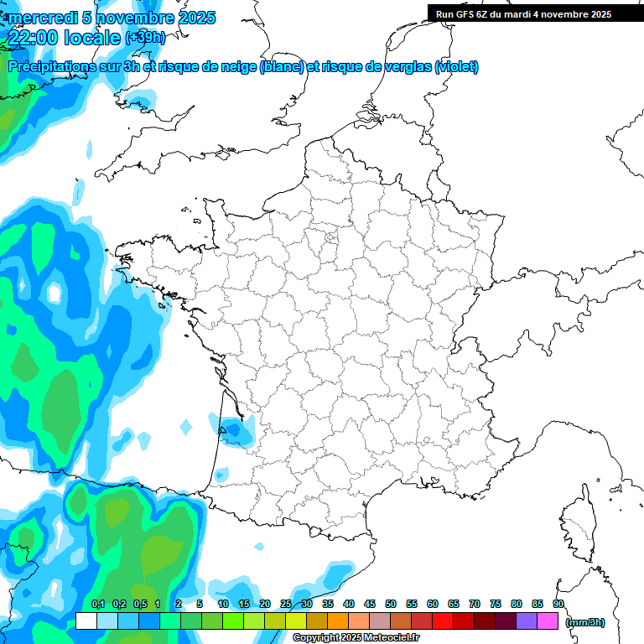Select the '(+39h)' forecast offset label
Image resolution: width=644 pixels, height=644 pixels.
145,38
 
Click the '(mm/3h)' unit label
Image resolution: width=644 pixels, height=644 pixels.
585,621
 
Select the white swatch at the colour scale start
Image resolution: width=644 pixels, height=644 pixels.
86,621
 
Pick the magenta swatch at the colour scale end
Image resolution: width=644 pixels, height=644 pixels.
548,621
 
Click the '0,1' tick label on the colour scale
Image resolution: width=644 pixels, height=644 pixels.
98,605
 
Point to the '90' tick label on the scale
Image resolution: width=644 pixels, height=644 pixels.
558,605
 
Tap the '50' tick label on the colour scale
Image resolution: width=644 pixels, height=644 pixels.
391,605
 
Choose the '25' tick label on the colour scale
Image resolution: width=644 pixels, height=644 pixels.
286,605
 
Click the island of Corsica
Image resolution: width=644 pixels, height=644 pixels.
578,524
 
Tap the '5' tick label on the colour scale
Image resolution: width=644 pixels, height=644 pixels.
200,605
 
